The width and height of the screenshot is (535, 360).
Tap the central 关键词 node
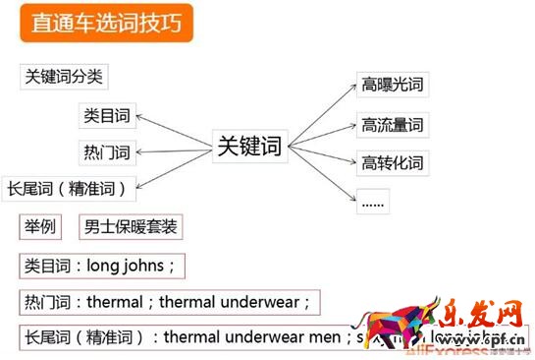247,148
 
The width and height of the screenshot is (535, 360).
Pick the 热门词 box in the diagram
105,152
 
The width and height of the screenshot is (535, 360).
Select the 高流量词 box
392,125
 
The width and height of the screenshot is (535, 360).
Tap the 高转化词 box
392,161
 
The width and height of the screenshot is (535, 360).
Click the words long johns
129,266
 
